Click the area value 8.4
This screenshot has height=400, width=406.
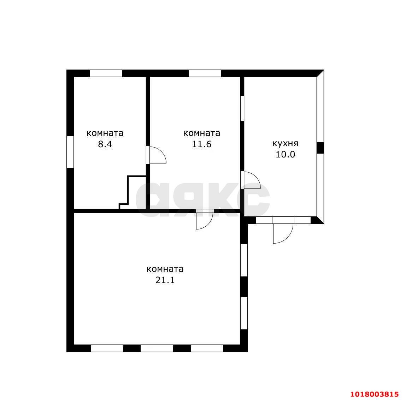point(105,144)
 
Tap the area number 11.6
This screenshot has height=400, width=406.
point(201,144)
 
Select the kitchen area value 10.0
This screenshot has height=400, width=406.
point(285,155)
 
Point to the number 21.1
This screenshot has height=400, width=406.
point(165,280)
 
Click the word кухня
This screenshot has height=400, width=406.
point(285,143)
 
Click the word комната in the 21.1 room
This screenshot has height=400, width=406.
point(165,269)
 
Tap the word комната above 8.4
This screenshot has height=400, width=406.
point(105,133)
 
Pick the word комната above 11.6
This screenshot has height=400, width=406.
point(201,133)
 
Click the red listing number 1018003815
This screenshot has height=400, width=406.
point(375,394)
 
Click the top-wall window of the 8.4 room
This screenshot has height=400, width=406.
point(106,73)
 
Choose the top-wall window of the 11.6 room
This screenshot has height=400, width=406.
point(205,73)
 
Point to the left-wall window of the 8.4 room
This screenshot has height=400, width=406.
point(70,151)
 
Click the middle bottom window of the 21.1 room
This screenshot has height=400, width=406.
point(157,348)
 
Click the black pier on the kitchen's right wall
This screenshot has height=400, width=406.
point(320,148)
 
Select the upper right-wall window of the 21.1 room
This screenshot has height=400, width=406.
point(244,260)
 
